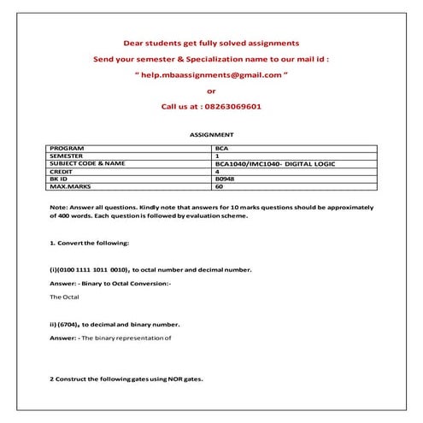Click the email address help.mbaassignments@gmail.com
pyautogui.click(x=214, y=75)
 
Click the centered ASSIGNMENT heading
pyautogui.click(x=211, y=135)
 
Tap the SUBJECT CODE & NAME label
pyautogui.click(x=88, y=163)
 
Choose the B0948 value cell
pyautogui.click(x=226, y=179)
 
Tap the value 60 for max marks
pyautogui.click(x=220, y=186)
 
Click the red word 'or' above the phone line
pyautogui.click(x=211, y=91)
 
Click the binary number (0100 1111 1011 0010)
pyautogui.click(x=93, y=269)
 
